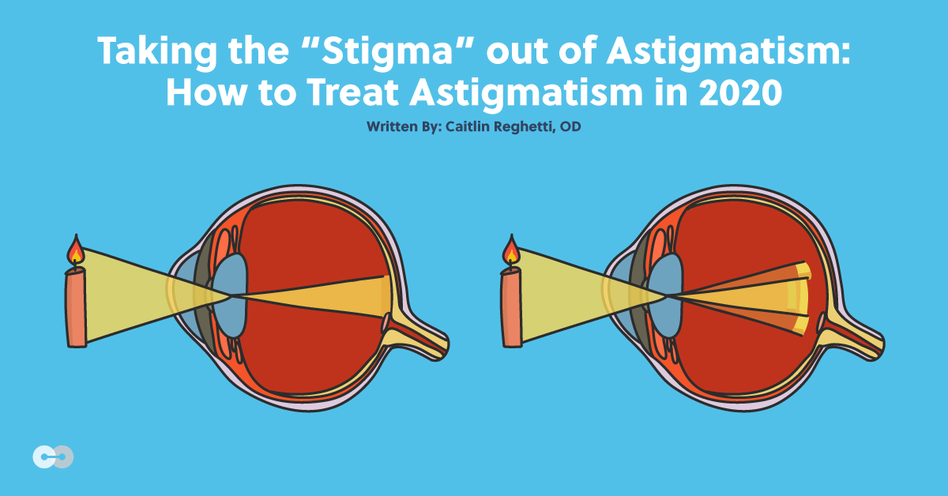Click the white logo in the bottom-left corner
53,457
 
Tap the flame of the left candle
75,250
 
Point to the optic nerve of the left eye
419,336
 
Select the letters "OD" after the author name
572,126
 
